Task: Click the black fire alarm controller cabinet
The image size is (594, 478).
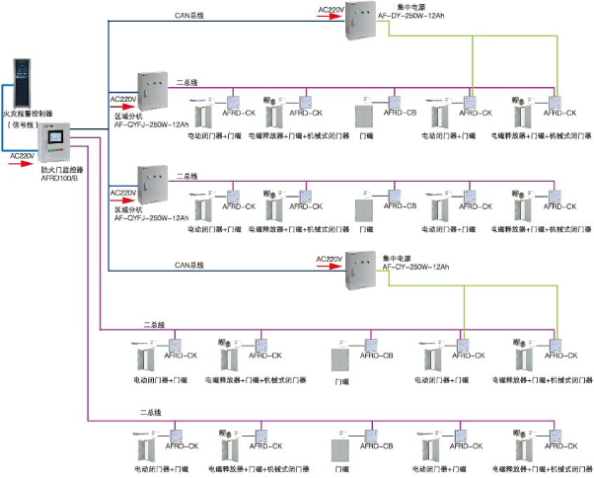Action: pyautogui.click(x=20, y=83)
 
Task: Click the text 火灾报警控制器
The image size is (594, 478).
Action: pyautogui.click(x=30, y=115)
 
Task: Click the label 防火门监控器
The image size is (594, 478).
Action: pyautogui.click(x=60, y=170)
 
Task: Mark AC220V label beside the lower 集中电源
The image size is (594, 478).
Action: pyautogui.click(x=329, y=258)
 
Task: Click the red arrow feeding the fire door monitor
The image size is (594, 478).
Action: pyautogui.click(x=22, y=164)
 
